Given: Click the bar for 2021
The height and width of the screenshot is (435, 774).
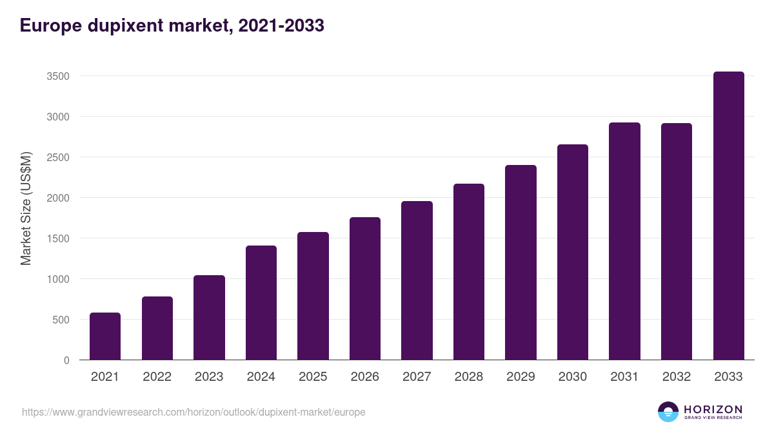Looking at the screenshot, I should [105, 336].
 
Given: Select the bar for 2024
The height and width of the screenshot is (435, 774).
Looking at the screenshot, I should [261, 303].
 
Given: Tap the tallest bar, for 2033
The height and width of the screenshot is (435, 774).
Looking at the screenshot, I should [728, 216].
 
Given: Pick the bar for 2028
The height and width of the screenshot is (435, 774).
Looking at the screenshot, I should [468, 272].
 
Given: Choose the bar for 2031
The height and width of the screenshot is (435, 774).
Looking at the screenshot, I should [624, 242].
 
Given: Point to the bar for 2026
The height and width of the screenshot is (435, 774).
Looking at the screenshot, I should [364, 289].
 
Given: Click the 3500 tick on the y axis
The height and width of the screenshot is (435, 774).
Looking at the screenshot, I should [58, 76].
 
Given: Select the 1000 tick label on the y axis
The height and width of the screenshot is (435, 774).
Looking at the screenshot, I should [58, 279].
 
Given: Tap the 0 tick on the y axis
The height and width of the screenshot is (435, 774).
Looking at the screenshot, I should [66, 360].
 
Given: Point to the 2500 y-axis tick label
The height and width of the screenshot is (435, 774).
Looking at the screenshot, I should [58, 157].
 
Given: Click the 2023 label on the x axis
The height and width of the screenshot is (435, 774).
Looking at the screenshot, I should [209, 377].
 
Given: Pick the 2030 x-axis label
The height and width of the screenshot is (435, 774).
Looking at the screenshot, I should [572, 377].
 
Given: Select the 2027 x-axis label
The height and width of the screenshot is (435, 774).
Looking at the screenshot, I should [417, 377].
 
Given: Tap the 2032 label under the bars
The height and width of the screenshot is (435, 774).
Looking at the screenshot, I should [676, 377].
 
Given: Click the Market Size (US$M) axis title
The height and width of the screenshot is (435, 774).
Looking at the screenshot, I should [26, 208].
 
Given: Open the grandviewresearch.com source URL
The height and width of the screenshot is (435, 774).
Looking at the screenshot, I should [193, 412].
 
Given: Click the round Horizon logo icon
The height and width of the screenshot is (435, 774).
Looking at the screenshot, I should [668, 412].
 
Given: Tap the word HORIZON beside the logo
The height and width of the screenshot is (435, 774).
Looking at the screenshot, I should [713, 409].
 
